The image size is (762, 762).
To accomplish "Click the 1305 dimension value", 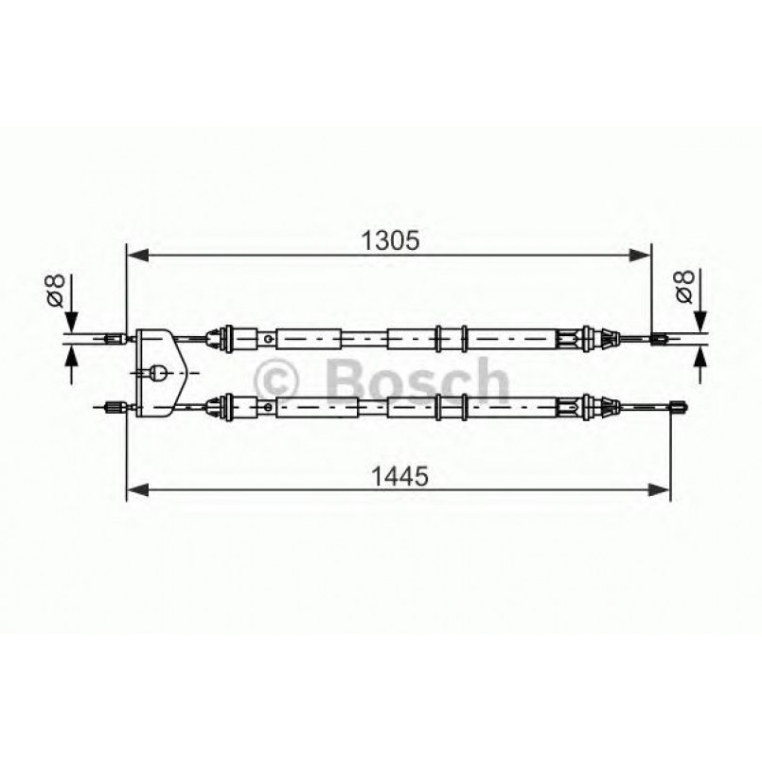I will coord(389,239).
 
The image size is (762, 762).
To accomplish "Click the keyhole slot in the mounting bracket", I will coord(160,371).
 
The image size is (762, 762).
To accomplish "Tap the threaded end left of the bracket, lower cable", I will coord(112,407).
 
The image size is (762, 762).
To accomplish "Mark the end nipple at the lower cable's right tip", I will coord(678,407).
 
